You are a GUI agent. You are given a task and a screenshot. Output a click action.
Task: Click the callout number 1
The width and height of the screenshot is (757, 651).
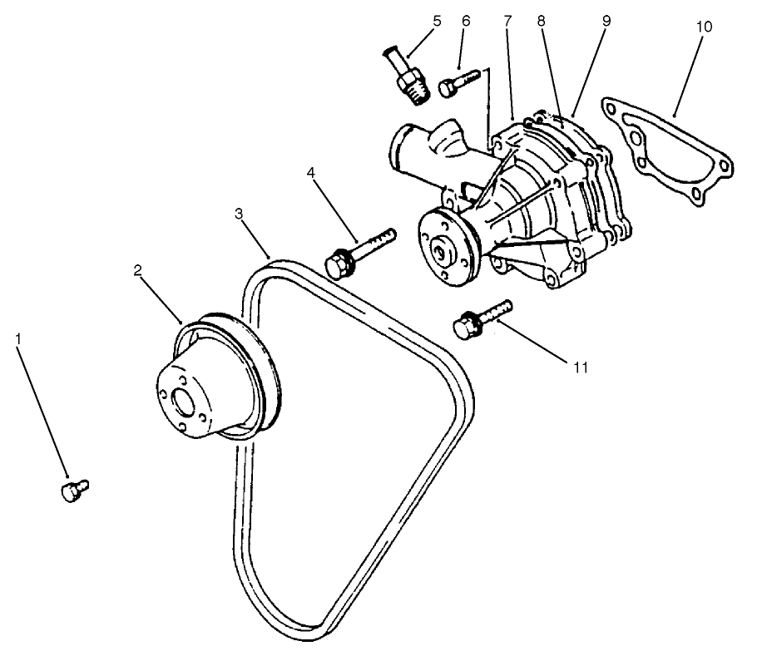(x=19, y=340)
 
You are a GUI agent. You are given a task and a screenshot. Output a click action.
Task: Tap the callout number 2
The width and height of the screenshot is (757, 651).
(x=138, y=270)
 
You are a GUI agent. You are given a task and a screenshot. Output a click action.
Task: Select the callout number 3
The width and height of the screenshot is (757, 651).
(x=239, y=215)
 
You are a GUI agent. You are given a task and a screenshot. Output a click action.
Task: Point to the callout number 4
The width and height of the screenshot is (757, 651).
(x=310, y=173)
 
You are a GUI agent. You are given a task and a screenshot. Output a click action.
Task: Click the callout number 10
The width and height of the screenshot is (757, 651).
(x=704, y=27)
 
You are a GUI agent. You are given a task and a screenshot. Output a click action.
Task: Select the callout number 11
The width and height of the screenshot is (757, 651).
(x=580, y=366)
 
